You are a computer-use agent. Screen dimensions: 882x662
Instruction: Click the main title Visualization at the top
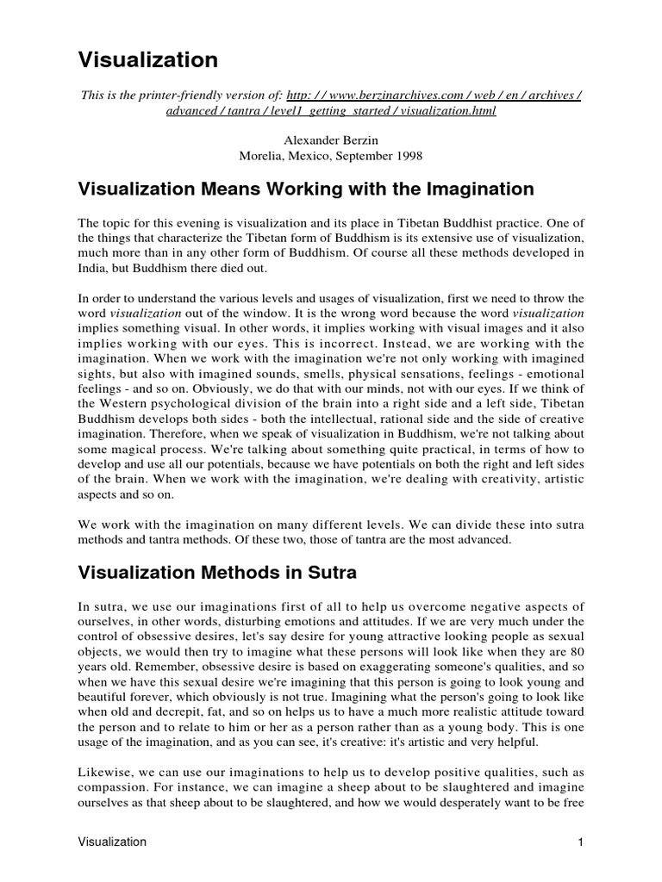pos(148,59)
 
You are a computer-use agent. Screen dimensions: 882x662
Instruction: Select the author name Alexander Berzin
pos(331,140)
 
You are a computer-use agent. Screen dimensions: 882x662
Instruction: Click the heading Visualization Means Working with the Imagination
pos(307,188)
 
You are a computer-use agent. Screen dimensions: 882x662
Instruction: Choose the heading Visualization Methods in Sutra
pos(217,571)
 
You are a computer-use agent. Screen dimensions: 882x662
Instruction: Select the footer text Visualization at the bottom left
pos(112,842)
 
